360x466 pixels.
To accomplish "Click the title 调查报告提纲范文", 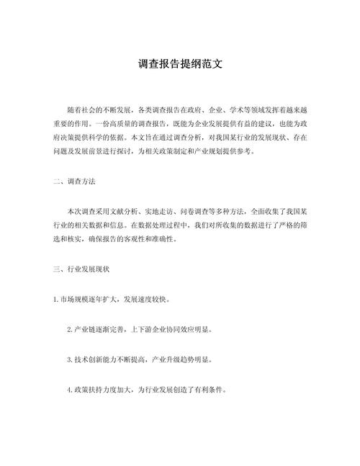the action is pyautogui.click(x=180, y=64).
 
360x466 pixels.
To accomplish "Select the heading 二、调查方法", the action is pyautogui.click(x=76, y=183).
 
